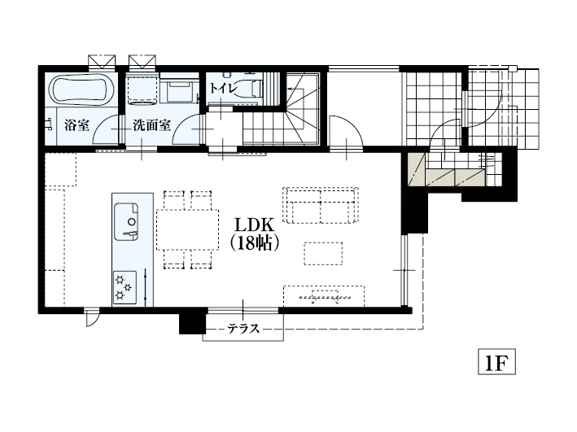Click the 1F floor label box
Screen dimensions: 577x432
click(x=496, y=362)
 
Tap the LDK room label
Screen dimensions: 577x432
click(x=255, y=225)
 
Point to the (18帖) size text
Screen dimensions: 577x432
click(x=255, y=243)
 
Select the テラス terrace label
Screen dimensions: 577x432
click(x=243, y=328)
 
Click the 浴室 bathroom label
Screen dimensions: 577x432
click(x=77, y=125)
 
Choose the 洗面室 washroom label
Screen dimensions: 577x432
click(x=151, y=125)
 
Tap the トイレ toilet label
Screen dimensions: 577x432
click(x=223, y=89)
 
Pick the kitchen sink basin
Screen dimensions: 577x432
click(x=126, y=221)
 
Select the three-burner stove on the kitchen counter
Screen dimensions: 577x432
click(x=125, y=287)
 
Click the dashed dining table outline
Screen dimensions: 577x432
click(x=187, y=230)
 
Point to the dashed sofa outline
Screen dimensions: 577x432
click(x=321, y=205)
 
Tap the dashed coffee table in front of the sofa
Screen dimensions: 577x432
click(x=323, y=254)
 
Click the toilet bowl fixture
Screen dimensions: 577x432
click(x=247, y=89)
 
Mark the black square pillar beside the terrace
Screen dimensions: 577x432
click(x=192, y=321)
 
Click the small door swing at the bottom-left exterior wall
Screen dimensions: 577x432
click(x=91, y=317)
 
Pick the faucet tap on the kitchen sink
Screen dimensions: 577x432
click(x=131, y=233)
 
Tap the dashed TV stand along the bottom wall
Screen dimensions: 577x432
click(x=324, y=296)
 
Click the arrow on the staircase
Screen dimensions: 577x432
click(x=294, y=89)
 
